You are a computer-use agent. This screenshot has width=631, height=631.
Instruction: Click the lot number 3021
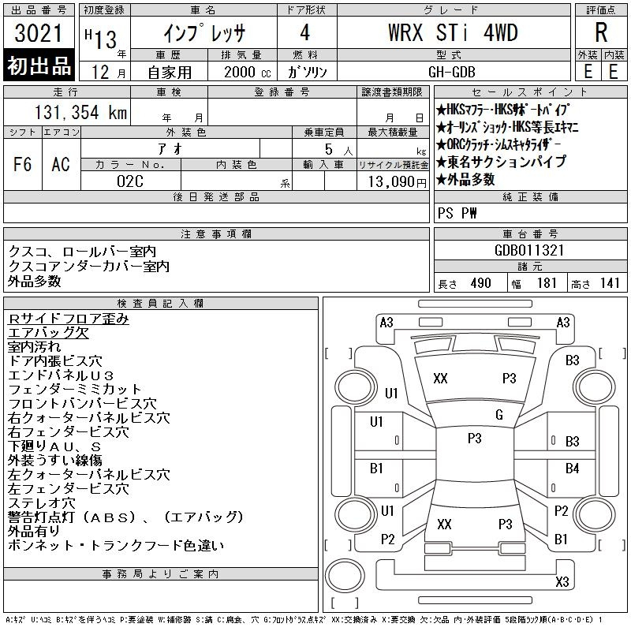tap(38, 33)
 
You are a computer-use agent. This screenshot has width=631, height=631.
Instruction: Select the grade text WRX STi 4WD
tap(453, 32)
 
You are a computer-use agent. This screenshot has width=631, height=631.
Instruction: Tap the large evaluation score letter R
tap(601, 32)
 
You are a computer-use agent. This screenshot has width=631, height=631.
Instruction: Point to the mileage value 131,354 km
tap(80, 112)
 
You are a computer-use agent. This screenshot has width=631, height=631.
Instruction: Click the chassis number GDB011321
tap(529, 250)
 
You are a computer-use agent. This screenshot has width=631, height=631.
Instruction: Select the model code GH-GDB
tap(451, 72)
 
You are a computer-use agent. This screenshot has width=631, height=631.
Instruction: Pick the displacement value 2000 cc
tap(247, 72)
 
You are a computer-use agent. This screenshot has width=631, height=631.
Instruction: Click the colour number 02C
tap(130, 181)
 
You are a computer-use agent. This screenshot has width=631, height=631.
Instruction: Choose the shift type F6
tap(23, 164)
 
